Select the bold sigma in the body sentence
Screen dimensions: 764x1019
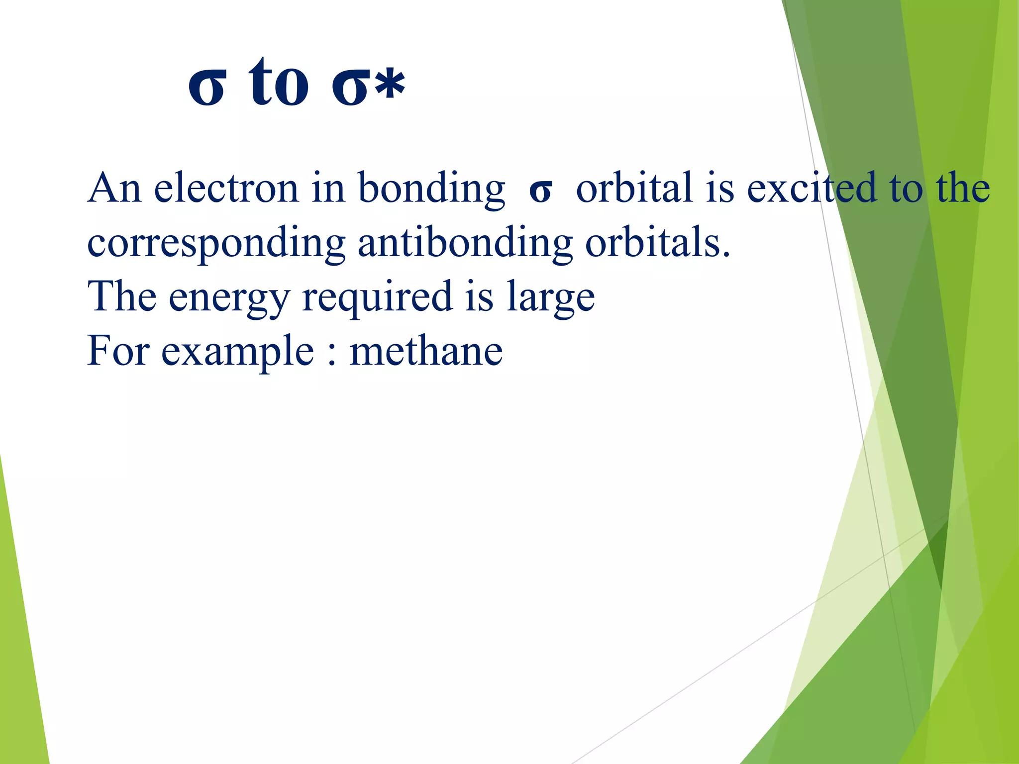(540, 191)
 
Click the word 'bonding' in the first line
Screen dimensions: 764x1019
(431, 189)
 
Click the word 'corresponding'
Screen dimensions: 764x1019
(216, 244)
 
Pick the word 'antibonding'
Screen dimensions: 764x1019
(465, 244)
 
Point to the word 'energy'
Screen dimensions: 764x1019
(229, 298)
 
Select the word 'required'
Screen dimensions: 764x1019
(377, 298)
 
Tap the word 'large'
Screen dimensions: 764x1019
(550, 298)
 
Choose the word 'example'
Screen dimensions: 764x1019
(237, 352)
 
